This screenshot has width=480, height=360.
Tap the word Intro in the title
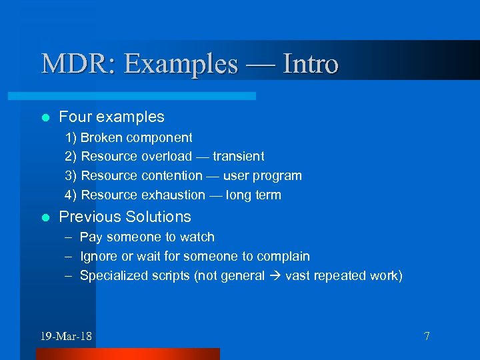(x=310, y=65)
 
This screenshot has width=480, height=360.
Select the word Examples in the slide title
(x=181, y=65)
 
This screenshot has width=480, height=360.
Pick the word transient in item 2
(x=239, y=157)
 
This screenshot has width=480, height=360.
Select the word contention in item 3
(x=172, y=176)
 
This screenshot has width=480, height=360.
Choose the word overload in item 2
(x=167, y=157)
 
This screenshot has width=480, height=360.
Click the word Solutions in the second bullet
(x=158, y=217)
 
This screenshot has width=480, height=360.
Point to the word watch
(x=198, y=237)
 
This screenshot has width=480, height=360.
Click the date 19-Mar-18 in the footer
(x=66, y=336)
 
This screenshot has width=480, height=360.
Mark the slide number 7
(x=427, y=336)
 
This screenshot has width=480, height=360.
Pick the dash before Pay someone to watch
(x=69, y=237)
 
